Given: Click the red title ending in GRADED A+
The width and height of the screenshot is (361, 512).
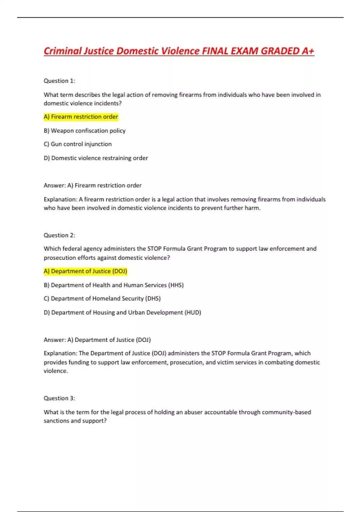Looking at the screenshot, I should tap(179, 51).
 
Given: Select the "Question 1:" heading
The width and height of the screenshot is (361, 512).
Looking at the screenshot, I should tap(59, 81).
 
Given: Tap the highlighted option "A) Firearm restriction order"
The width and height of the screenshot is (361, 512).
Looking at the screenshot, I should tap(81, 117).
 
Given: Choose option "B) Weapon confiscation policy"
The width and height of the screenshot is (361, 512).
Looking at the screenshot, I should tap(85, 131).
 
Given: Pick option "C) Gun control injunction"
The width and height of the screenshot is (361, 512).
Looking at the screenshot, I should tap(78, 144).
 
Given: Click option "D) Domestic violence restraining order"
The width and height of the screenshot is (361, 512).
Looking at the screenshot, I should tap(96, 158).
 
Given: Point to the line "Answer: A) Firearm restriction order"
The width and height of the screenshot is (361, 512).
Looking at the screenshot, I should tap(92, 186).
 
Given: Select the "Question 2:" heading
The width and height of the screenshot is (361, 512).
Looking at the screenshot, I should tap(59, 235).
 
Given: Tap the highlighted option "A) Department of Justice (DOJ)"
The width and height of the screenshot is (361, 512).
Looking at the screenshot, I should tap(85, 271).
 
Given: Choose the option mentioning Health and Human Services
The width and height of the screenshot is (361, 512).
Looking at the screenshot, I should tap(113, 285).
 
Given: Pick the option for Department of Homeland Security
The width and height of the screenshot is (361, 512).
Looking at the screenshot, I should tap(102, 299).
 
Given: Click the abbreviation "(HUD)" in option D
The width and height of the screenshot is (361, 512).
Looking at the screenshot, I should tap(193, 313).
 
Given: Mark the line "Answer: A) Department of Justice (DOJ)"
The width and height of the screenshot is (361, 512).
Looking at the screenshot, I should tap(97, 340).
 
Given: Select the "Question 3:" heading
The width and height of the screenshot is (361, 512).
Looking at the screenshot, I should tap(59, 398).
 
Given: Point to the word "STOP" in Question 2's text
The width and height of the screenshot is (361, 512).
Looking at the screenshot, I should tap(155, 249).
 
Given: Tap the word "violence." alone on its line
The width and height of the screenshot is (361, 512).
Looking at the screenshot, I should tap(56, 371).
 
